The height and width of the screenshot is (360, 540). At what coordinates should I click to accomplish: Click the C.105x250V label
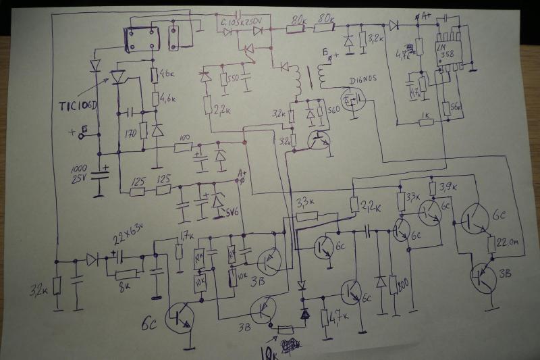pos(245,24)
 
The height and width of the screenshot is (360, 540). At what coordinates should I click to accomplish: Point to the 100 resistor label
pos(182,139)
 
